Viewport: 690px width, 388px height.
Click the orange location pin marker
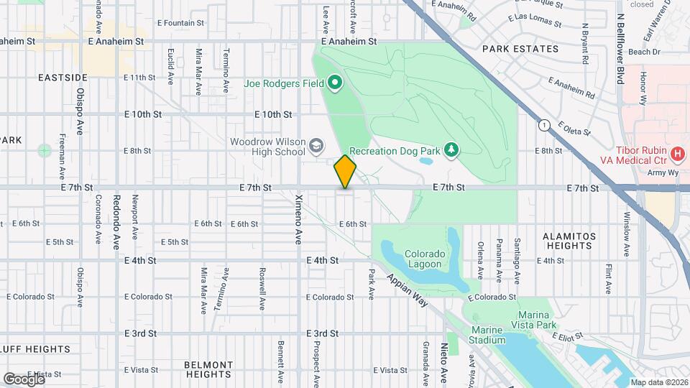tap(346, 172)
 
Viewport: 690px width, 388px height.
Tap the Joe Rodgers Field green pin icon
tap(334, 84)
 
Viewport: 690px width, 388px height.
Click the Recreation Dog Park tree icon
tap(451, 149)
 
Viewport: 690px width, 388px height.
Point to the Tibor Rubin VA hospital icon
tap(676, 153)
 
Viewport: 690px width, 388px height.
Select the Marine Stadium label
tap(491, 335)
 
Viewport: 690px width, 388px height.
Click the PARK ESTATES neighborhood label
tap(520, 49)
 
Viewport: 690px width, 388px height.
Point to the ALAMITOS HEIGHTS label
tap(568, 241)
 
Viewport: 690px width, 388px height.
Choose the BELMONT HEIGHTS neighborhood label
tap(208, 369)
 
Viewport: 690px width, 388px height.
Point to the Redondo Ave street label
tap(115, 221)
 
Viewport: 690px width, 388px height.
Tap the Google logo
tap(24, 378)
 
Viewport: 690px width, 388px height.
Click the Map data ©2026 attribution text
tap(658, 382)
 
